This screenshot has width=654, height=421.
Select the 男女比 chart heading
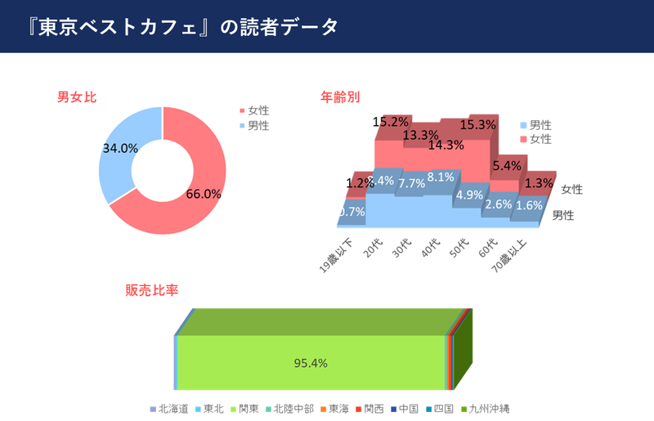pyautogui.click(x=77, y=97)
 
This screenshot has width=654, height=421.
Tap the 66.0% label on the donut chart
pyautogui.click(x=204, y=194)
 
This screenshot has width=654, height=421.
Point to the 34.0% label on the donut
pyautogui.click(x=120, y=148)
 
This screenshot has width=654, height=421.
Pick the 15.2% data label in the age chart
pyautogui.click(x=390, y=121)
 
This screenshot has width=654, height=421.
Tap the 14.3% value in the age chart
pyautogui.click(x=446, y=145)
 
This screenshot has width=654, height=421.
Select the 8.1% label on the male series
pyautogui.click(x=441, y=177)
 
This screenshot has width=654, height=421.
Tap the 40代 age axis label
pyautogui.click(x=431, y=248)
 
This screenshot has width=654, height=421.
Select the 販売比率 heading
pyautogui.click(x=151, y=290)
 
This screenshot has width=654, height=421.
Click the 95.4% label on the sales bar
pyautogui.click(x=311, y=363)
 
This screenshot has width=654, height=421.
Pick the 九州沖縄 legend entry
pyautogui.click(x=489, y=408)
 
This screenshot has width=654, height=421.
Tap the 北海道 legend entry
pyautogui.click(x=172, y=408)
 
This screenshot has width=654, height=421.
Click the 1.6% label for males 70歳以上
pyautogui.click(x=530, y=205)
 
